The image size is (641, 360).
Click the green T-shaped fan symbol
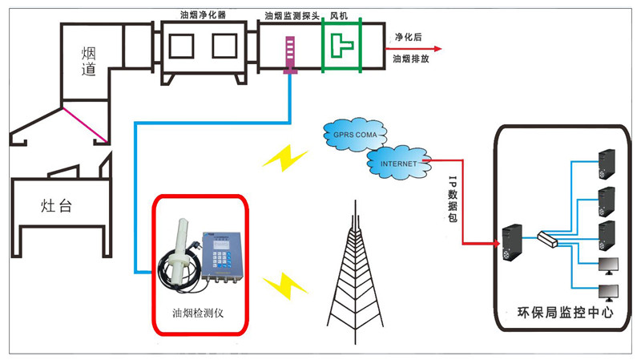(344, 47)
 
